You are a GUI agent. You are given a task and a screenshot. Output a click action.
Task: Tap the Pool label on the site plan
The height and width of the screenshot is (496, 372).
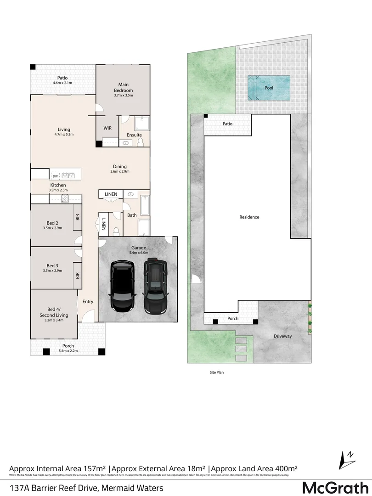[269, 88]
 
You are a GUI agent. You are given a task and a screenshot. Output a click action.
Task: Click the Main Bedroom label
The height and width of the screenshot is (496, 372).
[123, 87]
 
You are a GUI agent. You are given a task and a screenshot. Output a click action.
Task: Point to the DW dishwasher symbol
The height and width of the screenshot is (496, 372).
[55, 176]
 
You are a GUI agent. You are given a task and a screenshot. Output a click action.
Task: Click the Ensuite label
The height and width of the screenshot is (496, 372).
[134, 135]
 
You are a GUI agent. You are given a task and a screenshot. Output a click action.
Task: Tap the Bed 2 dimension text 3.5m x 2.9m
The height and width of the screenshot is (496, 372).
[52, 228]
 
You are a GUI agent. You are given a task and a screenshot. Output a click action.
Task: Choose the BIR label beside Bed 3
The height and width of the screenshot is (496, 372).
[78, 276]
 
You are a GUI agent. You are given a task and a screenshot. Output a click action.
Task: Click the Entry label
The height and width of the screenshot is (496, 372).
[88, 302]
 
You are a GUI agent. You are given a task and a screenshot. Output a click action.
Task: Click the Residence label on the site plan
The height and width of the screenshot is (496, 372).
[250, 217]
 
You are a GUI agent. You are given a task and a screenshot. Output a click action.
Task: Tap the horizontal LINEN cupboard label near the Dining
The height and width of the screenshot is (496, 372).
[111, 194]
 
